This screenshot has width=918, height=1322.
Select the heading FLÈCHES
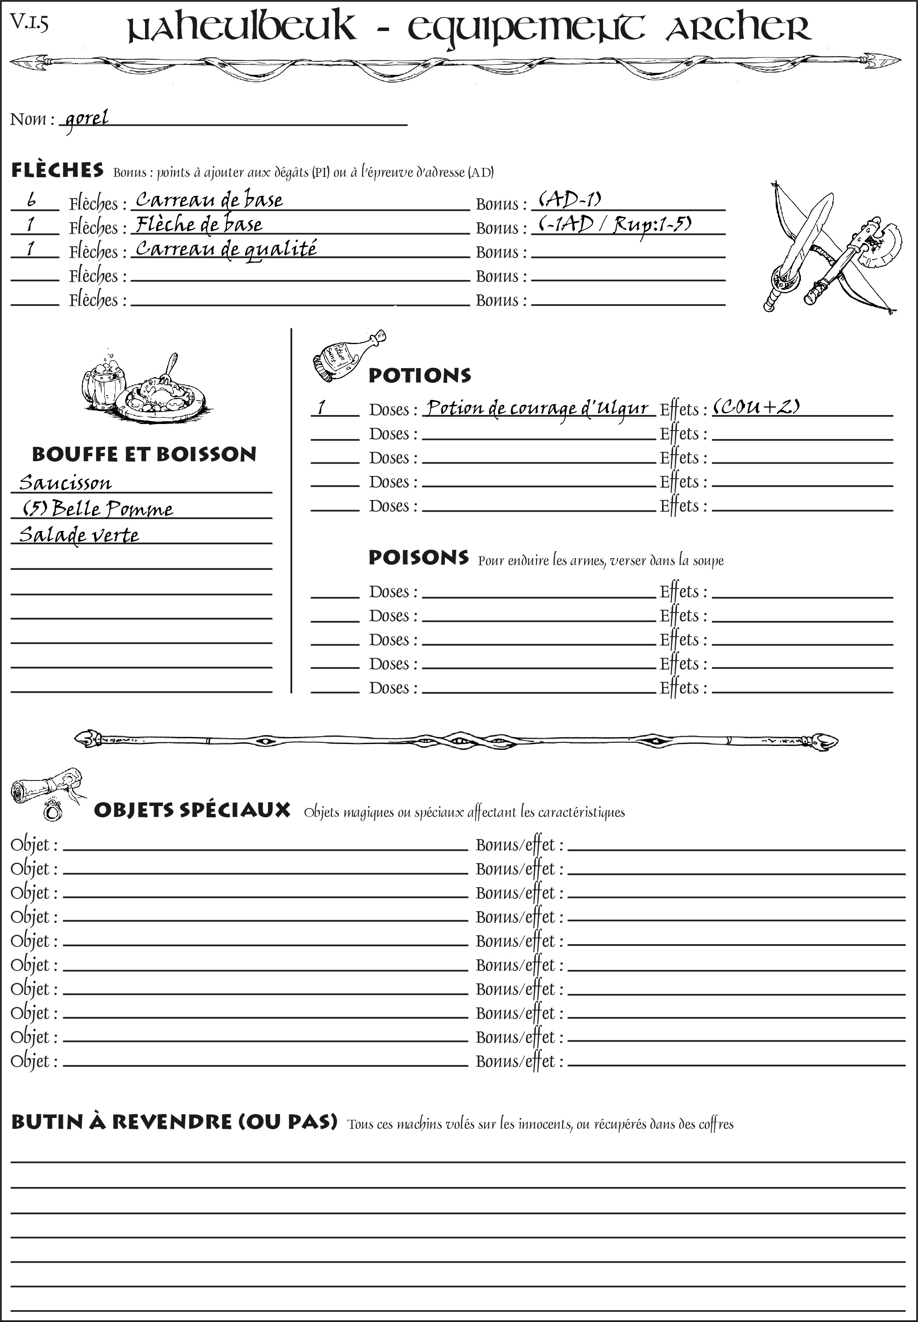click(57, 170)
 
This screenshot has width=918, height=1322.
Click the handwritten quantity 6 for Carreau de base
click(32, 200)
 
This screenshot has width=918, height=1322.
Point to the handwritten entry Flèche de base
click(199, 224)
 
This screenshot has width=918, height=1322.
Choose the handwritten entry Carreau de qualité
click(225, 249)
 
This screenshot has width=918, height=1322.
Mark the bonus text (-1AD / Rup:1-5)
click(615, 224)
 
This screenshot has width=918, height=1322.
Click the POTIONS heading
click(419, 375)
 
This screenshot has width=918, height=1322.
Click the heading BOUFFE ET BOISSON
click(144, 454)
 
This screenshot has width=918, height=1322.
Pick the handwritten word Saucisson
click(65, 483)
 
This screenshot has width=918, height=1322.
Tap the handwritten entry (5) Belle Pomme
click(98, 509)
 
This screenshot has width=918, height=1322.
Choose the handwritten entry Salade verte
click(79, 535)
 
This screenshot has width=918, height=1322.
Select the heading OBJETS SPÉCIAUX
click(192, 810)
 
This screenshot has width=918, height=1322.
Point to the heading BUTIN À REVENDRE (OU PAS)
click(174, 1122)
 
